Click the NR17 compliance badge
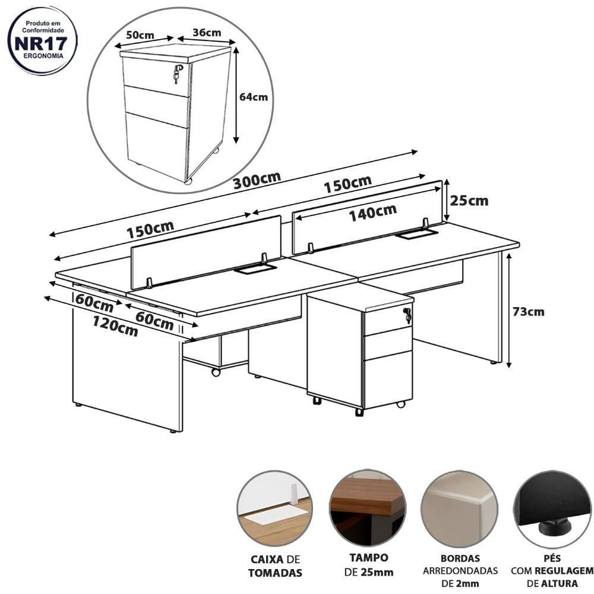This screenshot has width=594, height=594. point(42,41)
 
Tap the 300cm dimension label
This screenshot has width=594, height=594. point(257,181)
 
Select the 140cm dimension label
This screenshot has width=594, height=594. point(372,213)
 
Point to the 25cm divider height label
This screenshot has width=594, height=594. point(469,201)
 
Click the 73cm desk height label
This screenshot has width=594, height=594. point(528,312)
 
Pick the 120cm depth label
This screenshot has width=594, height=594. point(115,327)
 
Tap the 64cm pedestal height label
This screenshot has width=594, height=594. point(254,97)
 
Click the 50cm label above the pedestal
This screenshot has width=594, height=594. point(140,35)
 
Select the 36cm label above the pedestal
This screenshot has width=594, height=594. point(207,33)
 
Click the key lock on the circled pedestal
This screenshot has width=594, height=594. point(177,74)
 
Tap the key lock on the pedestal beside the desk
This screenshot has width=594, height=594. point(407,315)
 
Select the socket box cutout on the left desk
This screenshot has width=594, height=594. point(255,269)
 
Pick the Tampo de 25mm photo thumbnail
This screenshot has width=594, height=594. point(368,508)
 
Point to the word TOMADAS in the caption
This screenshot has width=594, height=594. point(276,573)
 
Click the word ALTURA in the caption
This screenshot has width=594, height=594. point(559,583)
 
